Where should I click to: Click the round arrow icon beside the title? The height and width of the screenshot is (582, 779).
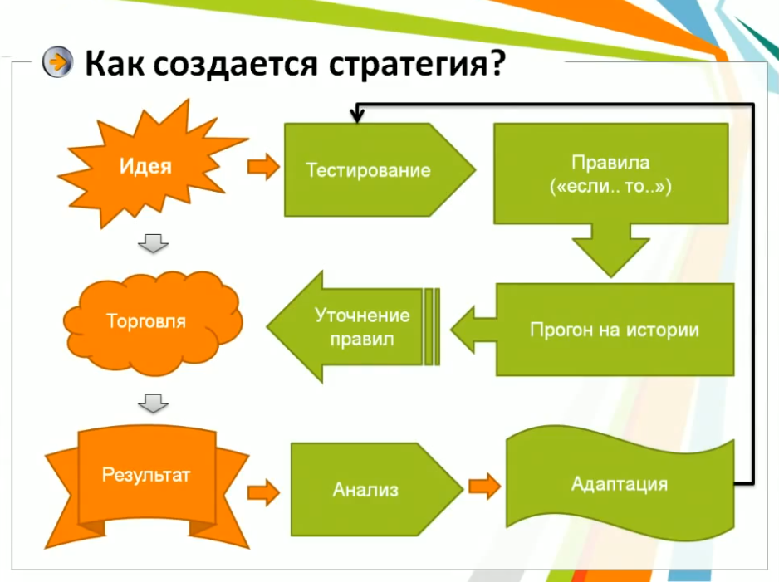tap(57, 62)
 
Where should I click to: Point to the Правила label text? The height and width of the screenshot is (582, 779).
tap(610, 163)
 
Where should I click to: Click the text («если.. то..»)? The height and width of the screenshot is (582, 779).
tap(610, 186)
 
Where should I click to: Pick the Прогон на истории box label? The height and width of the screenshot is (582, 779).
tap(615, 330)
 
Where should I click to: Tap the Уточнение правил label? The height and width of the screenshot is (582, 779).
tap(362, 327)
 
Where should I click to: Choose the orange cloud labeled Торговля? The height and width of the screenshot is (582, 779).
tap(153, 323)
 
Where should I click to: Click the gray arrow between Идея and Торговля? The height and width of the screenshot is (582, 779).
tap(153, 242)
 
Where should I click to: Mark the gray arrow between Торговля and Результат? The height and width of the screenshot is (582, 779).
tap(153, 403)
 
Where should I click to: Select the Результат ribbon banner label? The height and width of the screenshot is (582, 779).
tap(146, 475)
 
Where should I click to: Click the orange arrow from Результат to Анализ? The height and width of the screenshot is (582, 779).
tap(264, 492)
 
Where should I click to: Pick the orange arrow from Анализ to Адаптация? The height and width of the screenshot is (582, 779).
tap(484, 487)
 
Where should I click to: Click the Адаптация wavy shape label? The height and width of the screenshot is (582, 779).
tap(620, 484)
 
